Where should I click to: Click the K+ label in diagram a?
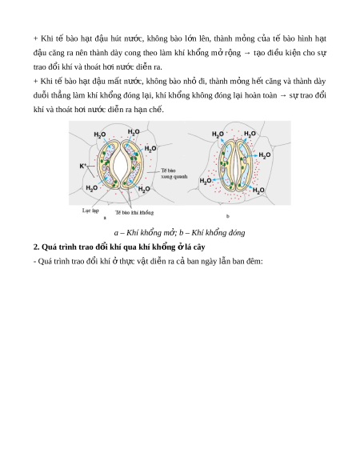point(83,166)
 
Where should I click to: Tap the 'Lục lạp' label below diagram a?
point(90,211)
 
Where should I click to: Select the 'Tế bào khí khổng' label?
point(134,212)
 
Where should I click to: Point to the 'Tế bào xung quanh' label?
point(174,173)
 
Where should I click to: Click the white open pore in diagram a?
point(121,165)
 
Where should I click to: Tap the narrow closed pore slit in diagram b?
point(235,165)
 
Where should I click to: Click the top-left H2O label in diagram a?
point(100,135)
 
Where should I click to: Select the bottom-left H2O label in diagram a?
point(92,188)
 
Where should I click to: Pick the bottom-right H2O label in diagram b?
point(258,190)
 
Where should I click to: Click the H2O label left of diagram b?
point(206,180)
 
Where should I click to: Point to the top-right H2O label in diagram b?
point(250,134)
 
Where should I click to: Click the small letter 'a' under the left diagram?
point(105,218)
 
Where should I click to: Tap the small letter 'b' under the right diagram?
point(228,216)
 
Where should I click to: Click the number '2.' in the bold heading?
point(36,247)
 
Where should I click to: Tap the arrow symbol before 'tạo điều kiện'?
point(247,53)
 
